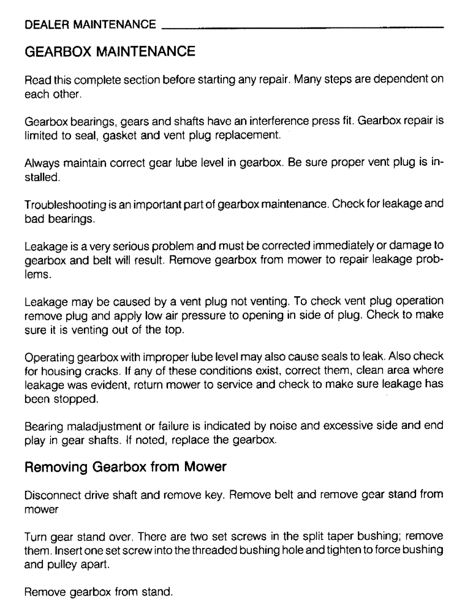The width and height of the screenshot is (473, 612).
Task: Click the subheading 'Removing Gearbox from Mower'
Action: pyautogui.click(x=126, y=468)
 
